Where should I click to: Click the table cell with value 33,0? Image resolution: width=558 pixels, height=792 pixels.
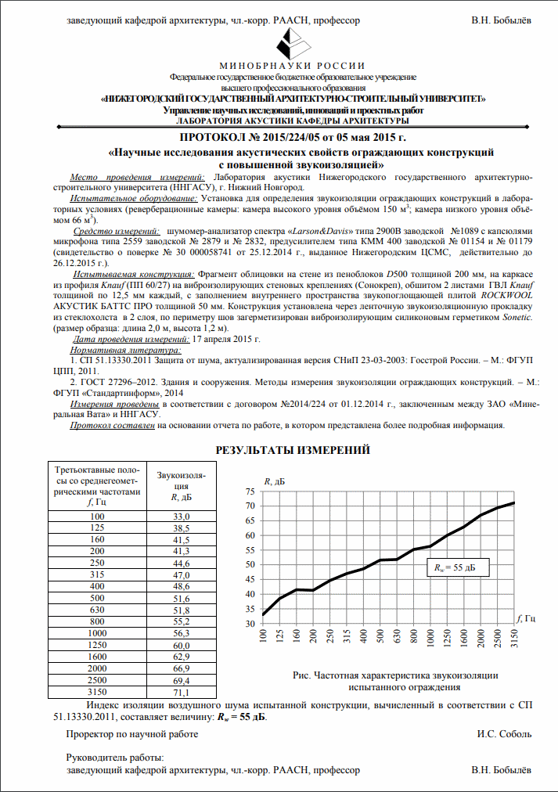[x=182, y=517]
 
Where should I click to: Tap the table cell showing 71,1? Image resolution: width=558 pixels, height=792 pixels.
[x=182, y=692]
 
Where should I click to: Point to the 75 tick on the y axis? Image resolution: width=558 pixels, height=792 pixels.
[x=250, y=491]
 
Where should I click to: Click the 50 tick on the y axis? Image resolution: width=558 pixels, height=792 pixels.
[x=250, y=565]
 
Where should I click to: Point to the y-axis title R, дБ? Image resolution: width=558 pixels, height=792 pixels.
[x=275, y=481]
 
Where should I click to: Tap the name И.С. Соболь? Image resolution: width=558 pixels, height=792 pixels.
[x=504, y=734]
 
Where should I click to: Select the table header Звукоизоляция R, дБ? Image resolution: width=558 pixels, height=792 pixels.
[x=182, y=486]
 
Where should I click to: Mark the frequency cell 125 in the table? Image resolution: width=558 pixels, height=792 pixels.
[x=96, y=529]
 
